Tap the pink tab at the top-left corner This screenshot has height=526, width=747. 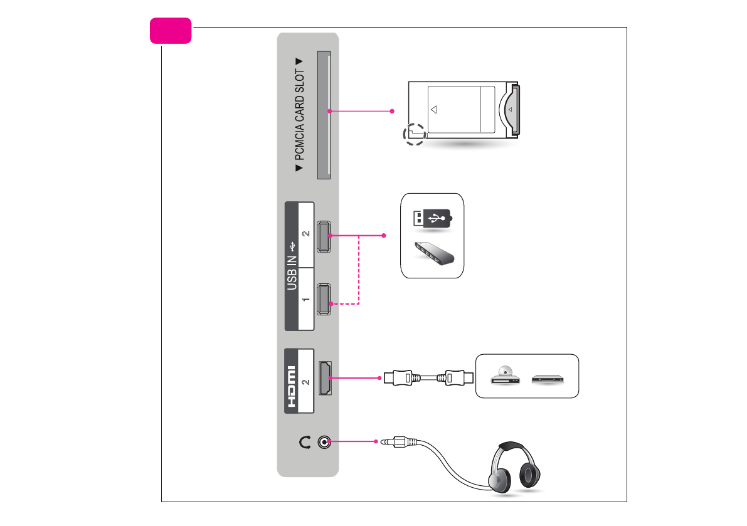tap(171, 31)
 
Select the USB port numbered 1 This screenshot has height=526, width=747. tap(325, 300)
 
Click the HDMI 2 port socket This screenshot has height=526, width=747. tap(326, 378)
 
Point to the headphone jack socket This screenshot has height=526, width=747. tap(324, 442)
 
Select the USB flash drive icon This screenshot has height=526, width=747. tap(432, 219)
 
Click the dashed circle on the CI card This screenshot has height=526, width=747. tap(414, 134)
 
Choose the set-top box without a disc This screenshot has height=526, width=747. tap(549, 379)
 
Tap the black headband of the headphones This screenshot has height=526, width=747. tap(512, 446)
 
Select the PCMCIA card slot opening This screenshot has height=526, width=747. tap(324, 115)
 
